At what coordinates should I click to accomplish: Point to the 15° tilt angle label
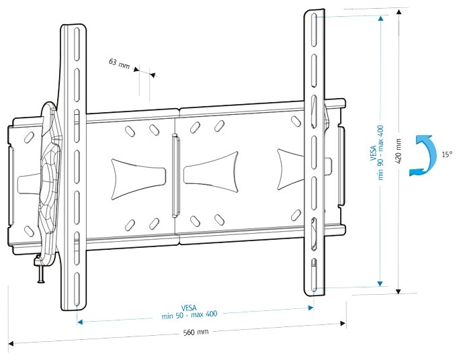(447, 154)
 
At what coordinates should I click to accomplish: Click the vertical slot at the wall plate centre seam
(175, 176)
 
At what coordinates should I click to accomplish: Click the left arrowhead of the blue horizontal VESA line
(80, 322)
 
